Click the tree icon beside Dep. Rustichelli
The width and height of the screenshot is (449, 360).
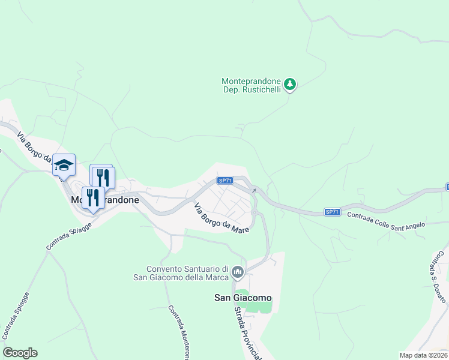pos(290,84)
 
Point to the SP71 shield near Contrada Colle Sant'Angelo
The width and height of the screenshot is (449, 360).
pos(333,212)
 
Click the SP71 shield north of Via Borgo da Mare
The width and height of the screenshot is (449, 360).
pos(224,181)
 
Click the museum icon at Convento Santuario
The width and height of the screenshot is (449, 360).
pos(238,273)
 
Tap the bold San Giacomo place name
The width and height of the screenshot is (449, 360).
pos(243,298)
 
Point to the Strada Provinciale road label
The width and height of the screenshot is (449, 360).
pos(249,333)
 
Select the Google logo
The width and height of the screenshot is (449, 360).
pos(20,352)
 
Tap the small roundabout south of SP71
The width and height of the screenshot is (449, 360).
pos(254,212)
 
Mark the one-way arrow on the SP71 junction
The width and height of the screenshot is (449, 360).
pos(253,191)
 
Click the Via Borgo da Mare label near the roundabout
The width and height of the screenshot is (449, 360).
pos(220,218)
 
